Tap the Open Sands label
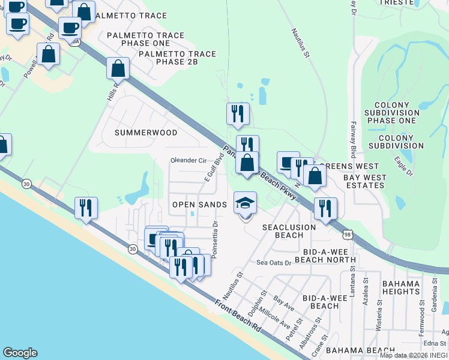199,205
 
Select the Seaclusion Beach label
289,231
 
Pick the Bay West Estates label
364,181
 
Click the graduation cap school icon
245,203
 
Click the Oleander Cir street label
188,161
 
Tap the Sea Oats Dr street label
274,263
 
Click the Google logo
20,353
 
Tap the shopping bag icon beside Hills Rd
118,68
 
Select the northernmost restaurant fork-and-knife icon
238,113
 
